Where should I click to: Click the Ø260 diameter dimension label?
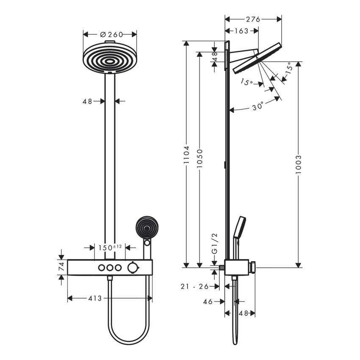point(110,34)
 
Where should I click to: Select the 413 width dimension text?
point(95,298)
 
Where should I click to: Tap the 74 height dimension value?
point(61,267)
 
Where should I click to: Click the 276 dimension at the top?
point(253,19)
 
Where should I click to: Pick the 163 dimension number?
point(241,30)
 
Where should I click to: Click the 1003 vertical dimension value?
point(299,164)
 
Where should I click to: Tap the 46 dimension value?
point(208,302)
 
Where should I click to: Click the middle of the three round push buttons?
point(110,267)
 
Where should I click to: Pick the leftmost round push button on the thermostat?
point(102,267)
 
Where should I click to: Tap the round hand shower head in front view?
point(146,228)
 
